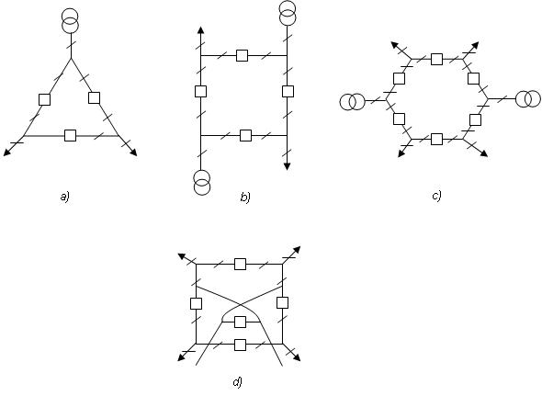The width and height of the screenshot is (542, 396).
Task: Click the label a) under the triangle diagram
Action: pos(64,197)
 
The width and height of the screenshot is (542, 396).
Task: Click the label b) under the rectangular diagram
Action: pos(244,198)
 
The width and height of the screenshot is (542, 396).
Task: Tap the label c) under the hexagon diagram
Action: pos(436,196)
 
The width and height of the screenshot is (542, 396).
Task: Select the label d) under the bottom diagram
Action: pos(237,382)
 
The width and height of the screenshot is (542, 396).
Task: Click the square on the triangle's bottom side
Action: pos(71,136)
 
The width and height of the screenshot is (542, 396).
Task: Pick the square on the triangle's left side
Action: pos(44,99)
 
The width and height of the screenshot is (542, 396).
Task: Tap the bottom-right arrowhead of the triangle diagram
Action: pos(134,153)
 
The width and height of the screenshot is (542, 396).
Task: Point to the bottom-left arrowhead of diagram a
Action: pos(7,153)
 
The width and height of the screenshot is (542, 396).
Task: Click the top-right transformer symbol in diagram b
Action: pos(288,13)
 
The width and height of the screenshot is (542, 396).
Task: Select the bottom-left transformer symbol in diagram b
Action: pos(201,183)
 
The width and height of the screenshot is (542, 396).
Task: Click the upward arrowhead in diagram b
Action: pos(200,30)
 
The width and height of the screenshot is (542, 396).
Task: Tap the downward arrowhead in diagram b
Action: pos(287,166)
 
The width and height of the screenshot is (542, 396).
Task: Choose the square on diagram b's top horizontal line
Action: pos(242,55)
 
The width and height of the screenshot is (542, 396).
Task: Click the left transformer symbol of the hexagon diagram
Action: pos(352,102)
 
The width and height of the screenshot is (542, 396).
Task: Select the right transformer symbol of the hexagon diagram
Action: pos(528,98)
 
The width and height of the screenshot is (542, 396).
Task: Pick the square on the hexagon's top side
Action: pos(437,59)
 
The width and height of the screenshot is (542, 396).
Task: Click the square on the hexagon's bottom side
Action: pos(437,139)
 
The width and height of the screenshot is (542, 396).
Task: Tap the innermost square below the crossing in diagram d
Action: pos(240,322)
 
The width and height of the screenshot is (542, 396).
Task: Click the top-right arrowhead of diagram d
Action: pos(297,250)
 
